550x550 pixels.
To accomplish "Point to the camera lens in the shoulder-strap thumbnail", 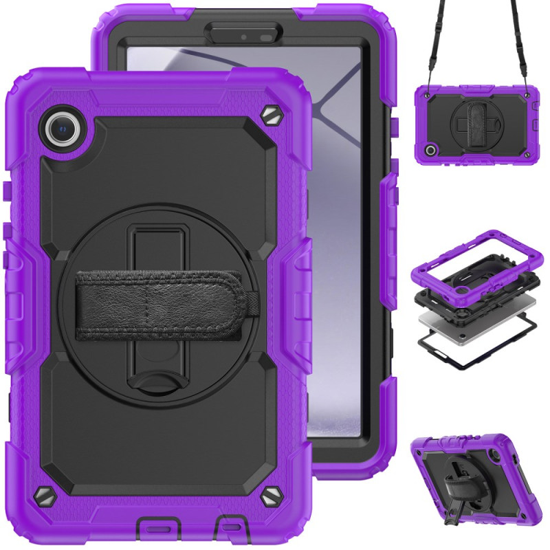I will coord(432,149).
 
